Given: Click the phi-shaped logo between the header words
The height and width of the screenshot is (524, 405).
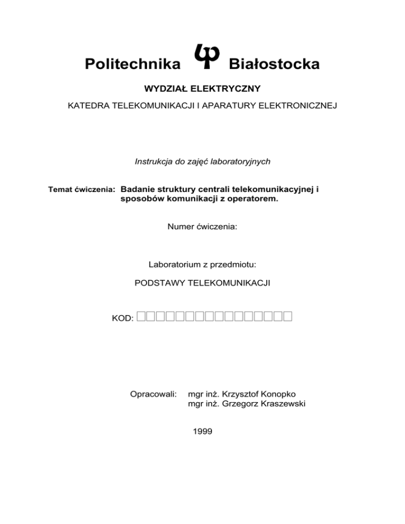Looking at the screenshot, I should pos(202,56).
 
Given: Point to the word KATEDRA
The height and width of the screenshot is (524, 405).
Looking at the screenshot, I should pos(87,106).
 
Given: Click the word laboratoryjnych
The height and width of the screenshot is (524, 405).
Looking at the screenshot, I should pos(240,162).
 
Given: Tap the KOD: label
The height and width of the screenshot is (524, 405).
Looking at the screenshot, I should pos(122,318).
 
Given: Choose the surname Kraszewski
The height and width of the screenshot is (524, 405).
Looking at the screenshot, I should pos(278,404).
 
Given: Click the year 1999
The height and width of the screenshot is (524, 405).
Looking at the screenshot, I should pos(202,431).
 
